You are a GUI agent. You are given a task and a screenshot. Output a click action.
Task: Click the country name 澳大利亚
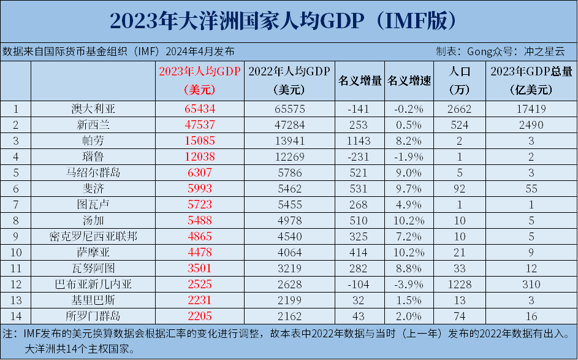[93, 110]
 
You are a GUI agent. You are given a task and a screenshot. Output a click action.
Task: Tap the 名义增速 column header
[409, 81]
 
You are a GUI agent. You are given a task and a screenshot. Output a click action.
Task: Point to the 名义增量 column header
[360, 81]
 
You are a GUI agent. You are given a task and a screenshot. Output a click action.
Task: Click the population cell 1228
[459, 285]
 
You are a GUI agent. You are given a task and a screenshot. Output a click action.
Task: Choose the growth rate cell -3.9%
[409, 285]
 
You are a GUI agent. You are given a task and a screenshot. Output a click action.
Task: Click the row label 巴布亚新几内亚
[93, 285]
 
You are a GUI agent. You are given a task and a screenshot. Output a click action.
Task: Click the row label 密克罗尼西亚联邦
[93, 237]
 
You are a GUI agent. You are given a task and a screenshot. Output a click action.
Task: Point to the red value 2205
[200, 316]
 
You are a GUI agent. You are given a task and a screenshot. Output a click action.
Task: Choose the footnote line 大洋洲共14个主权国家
[80, 350]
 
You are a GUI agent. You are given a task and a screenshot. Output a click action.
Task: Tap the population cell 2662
[459, 110]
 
